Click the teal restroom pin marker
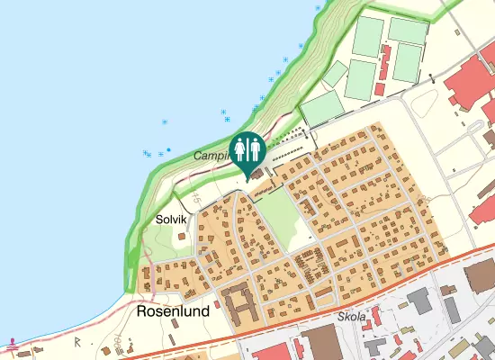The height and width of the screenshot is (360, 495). point(247,149)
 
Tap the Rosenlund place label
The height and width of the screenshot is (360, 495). point(173,310)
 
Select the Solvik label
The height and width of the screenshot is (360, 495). point(170,219)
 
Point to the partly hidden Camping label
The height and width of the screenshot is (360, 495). point(211,156)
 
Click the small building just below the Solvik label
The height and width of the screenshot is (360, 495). point(181,236)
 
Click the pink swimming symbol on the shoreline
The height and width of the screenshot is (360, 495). point(13,343)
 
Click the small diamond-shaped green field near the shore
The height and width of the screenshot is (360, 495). point(336,73)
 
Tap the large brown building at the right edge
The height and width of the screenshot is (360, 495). point(481,274)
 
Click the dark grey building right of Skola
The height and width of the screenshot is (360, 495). point(421,301)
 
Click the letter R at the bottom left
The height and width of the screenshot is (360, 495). point(78,341)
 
